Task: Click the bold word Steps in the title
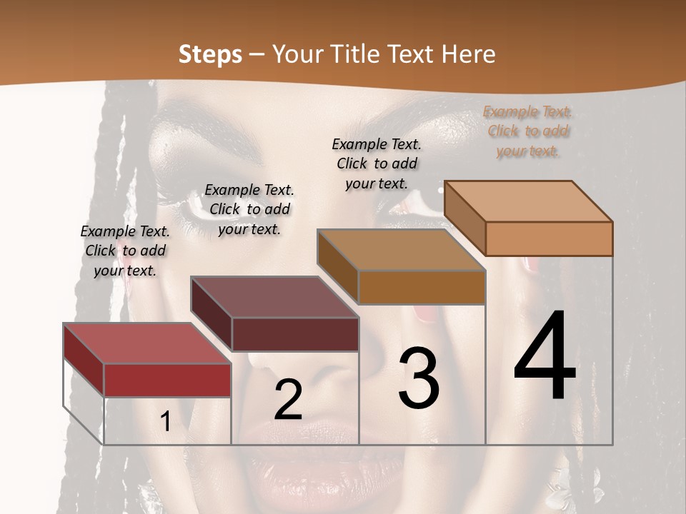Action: click(x=210, y=54)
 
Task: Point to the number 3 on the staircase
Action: click(x=419, y=378)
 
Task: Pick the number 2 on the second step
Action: click(x=288, y=400)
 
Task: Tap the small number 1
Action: click(x=165, y=422)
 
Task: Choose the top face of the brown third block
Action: click(x=401, y=251)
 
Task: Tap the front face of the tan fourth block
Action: click(x=549, y=238)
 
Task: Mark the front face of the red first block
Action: click(x=167, y=380)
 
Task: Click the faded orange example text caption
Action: click(x=527, y=131)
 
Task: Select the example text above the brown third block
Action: click(x=377, y=163)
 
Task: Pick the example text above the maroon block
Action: click(x=249, y=209)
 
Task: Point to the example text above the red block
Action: click(x=125, y=251)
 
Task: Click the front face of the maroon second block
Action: click(x=295, y=334)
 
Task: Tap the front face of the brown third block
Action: click(x=422, y=287)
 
